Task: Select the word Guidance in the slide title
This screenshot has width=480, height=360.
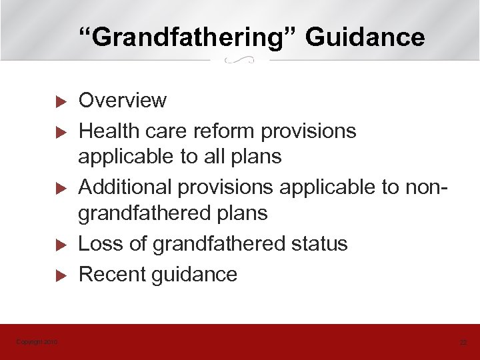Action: pos(365,37)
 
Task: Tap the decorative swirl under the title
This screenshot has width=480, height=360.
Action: pos(240,61)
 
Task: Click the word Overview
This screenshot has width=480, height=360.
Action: pos(123,101)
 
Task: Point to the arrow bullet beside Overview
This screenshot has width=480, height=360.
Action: pos(58,102)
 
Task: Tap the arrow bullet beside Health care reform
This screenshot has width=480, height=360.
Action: pos(58,132)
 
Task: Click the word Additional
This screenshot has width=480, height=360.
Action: pos(125,187)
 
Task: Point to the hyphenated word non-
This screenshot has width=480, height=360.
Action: pos(424,187)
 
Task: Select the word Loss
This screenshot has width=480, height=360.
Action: pos(101,243)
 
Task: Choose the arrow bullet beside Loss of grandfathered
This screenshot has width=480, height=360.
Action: pos(58,245)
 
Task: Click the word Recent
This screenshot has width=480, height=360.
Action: pos(112,274)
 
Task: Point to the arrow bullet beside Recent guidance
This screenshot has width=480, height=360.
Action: pos(58,275)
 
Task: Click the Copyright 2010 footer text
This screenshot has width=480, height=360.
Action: pos(37,342)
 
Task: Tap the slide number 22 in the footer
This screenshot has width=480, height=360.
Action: pos(463,342)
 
